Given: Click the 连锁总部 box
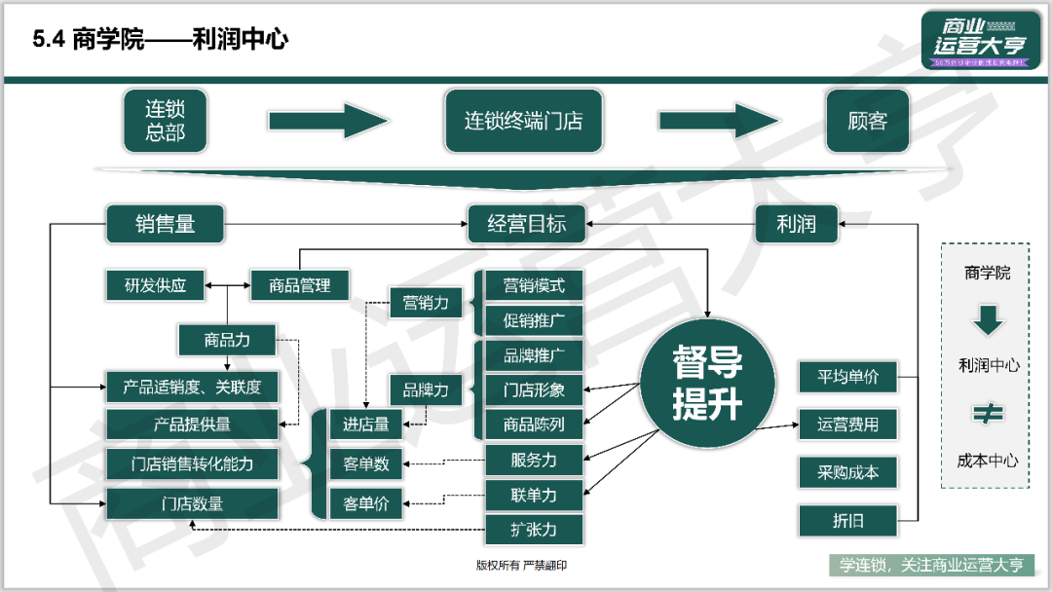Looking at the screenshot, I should coord(165,121).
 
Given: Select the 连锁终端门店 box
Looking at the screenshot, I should coord(523,121).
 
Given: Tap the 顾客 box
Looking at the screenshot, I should coord(867,121).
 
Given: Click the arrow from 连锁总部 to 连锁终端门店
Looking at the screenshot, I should coord(328,121).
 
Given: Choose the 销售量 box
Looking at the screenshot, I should coord(165,224).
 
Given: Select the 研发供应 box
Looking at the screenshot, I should coord(156,285).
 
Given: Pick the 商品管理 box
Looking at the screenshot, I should coord(300,285).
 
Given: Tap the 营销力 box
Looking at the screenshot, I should coord(426,303).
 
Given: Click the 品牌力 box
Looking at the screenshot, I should coord(426,390).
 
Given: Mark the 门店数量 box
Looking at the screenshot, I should coord(192,503).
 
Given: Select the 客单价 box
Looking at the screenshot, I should coord(365,503).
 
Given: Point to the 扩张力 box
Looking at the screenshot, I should coord(534,530).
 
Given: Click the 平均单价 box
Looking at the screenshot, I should coord(846,376).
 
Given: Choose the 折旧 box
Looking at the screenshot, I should coord(846,521).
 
